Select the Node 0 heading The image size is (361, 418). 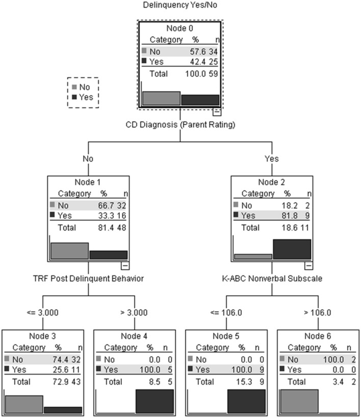click(x=180, y=29)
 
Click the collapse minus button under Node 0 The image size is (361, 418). click(x=216, y=111)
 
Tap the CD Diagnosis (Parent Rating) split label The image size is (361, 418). click(x=180, y=124)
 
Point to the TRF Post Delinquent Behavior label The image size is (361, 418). click(x=88, y=278)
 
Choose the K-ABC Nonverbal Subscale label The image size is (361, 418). click(x=272, y=278)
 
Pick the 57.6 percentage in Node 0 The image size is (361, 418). click(x=193, y=50)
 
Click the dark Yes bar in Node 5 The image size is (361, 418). click(x=246, y=401)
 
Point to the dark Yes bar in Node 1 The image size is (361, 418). click(x=109, y=254)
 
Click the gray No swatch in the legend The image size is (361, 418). click(x=75, y=87)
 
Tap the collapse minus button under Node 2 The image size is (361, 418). click(x=308, y=265)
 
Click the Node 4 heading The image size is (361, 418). click(x=134, y=336)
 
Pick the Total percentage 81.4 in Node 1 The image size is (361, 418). click(x=104, y=228)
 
